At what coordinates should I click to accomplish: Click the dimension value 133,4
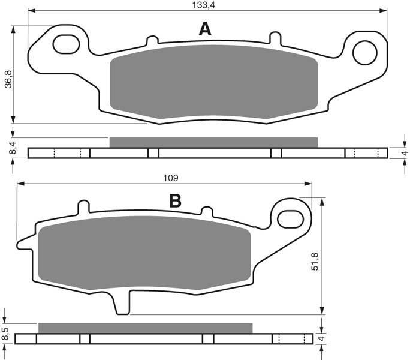coord(204,5)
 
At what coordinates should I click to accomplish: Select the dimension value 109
coord(171,178)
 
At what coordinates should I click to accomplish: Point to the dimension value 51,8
coord(315,261)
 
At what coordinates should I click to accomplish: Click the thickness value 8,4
coord(13,147)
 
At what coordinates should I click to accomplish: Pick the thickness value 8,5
coord(6,334)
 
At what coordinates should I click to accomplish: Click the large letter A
coord(205,29)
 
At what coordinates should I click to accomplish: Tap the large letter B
coord(176,201)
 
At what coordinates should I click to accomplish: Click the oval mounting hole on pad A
coord(66,44)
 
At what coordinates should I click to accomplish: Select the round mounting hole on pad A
coord(365,53)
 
